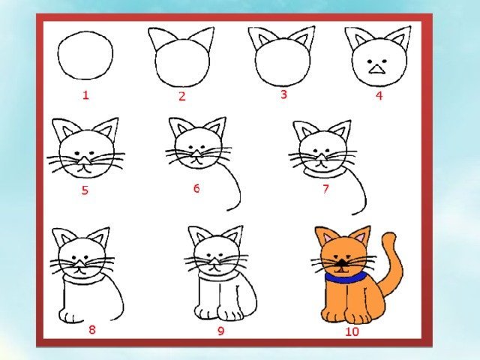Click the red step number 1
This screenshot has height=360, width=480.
pos(85,95)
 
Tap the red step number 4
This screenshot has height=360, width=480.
pos(379,95)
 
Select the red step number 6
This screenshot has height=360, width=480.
pos(196,188)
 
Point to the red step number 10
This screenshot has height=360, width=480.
pos(352,331)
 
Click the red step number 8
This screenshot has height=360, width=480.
pos(91,329)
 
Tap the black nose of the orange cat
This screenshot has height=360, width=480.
pos(340,262)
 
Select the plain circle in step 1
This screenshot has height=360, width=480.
pos(85,55)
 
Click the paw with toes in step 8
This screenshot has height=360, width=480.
pos(71,316)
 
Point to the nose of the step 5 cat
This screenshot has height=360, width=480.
pos(84,160)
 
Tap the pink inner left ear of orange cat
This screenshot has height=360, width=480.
pos(326,237)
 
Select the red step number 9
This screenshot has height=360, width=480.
pos(220,331)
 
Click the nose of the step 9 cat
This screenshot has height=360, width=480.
pos(215,261)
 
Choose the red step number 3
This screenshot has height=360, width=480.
pos(283,94)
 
